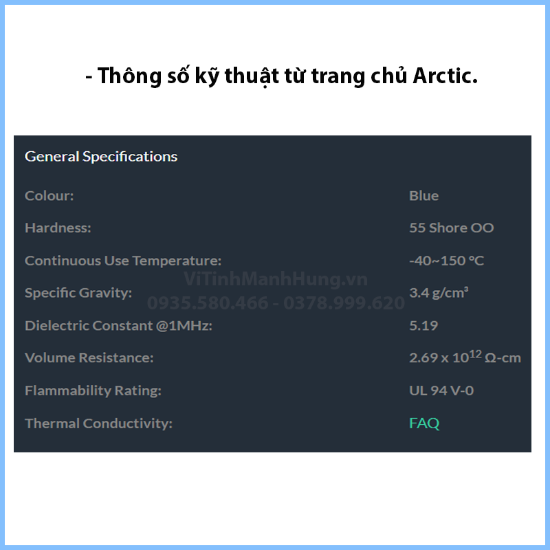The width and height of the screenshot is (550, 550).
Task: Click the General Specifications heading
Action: point(101,157)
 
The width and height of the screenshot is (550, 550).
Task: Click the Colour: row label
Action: point(49,196)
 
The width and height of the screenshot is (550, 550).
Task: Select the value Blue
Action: point(423,196)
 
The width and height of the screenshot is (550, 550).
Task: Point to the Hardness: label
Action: point(58,228)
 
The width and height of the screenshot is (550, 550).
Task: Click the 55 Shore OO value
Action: point(452,228)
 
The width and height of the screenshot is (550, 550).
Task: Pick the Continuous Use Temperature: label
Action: point(123,261)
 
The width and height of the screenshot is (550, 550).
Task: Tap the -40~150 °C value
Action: point(446,261)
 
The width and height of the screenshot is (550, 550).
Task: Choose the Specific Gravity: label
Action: point(78,293)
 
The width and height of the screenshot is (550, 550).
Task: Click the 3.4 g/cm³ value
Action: point(439,293)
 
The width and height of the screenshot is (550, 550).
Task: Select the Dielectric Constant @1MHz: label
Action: point(118,326)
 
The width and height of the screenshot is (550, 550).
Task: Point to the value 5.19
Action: point(423,326)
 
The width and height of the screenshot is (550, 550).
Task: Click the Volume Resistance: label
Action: point(89,357)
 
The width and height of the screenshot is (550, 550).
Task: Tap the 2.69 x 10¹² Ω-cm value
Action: point(465,357)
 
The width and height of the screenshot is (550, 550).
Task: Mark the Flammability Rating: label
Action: point(93,390)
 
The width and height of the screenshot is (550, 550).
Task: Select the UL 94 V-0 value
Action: point(441,390)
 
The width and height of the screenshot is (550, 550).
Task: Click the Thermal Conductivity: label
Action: point(98,423)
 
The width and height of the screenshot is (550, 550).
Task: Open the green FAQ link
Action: point(424,423)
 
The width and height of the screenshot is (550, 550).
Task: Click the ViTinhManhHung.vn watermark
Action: point(276,279)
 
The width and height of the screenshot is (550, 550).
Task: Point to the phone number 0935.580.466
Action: point(208,303)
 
